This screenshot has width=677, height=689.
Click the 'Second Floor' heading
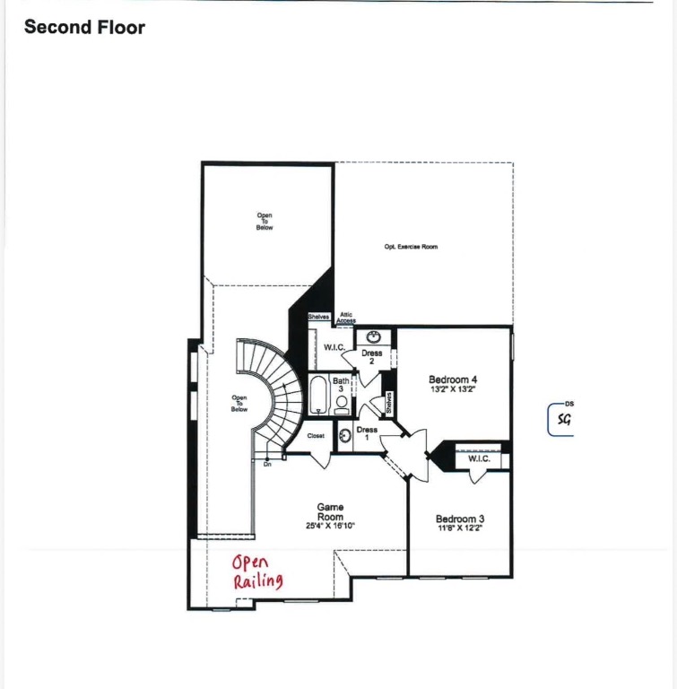(x=84, y=27)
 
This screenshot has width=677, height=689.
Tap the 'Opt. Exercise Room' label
(x=411, y=247)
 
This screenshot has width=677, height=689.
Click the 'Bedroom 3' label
(x=460, y=519)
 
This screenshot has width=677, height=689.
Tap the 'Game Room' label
(x=330, y=512)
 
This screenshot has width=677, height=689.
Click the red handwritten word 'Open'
(x=250, y=563)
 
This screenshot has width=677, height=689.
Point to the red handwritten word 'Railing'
(x=258, y=582)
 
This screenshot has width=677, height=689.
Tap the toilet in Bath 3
(x=342, y=405)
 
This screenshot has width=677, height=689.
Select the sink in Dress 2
(x=373, y=338)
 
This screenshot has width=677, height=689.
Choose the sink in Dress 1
(x=346, y=435)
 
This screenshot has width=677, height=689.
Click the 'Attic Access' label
(x=346, y=318)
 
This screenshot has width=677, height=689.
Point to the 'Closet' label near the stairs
(x=316, y=436)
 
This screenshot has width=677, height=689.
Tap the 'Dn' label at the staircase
(x=267, y=465)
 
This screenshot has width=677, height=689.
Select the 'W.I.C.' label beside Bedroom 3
(x=479, y=459)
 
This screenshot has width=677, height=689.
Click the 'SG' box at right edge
(x=562, y=420)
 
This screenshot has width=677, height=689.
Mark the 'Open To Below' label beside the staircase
(x=239, y=404)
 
